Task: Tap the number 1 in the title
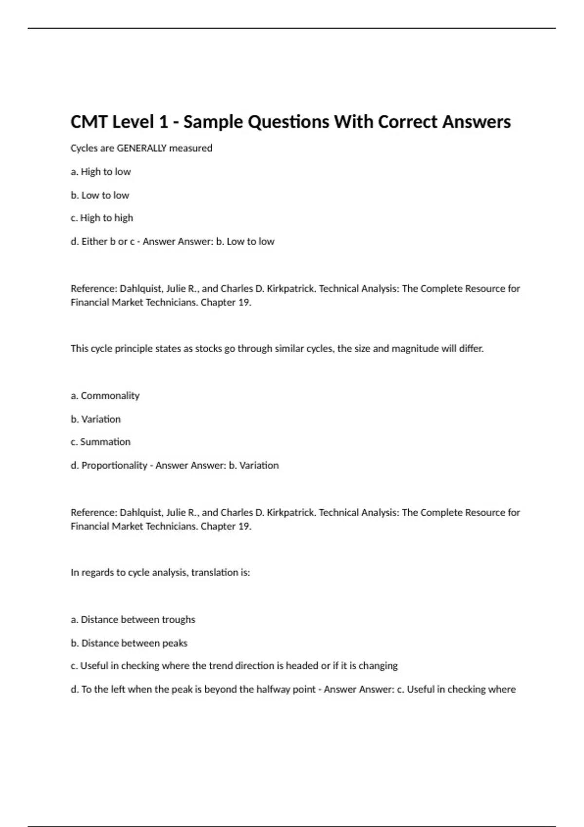[x=163, y=122]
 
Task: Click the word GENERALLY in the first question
[x=142, y=148]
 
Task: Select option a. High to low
[x=101, y=172]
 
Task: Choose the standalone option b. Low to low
[x=100, y=195]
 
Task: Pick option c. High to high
[x=102, y=218]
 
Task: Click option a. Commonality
[x=105, y=396]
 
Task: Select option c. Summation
[x=101, y=442]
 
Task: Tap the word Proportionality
[x=114, y=465]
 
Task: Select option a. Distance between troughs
[x=133, y=619]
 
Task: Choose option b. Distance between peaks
[x=129, y=643]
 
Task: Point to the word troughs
[x=179, y=619]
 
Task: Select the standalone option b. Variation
[x=96, y=419]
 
